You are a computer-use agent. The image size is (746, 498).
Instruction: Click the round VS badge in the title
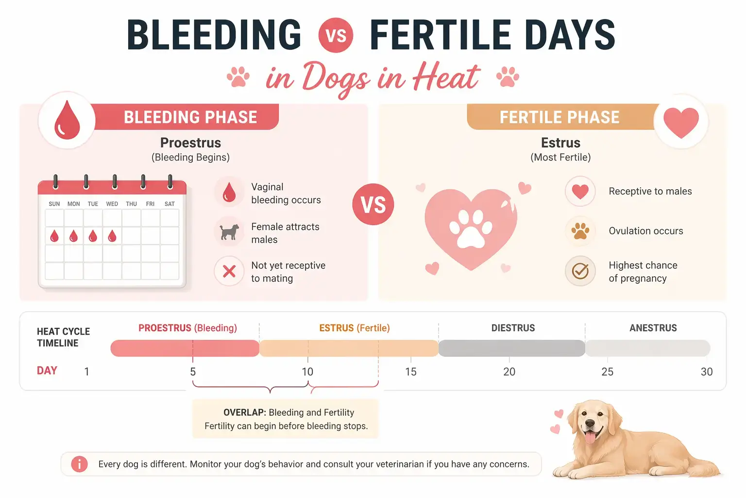point(336,35)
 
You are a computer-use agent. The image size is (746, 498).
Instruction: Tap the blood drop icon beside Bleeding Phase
point(67,120)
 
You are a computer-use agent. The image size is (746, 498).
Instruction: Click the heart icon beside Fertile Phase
point(681,122)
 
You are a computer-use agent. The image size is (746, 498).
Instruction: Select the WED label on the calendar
point(112,204)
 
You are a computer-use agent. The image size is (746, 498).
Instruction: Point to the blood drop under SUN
point(54,236)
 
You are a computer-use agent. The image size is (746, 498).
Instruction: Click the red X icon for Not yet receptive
point(229,271)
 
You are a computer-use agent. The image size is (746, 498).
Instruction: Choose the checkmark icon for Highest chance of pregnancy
point(580,271)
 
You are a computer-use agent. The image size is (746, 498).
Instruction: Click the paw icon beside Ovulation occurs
point(580,231)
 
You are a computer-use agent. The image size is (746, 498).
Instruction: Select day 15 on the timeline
point(411,372)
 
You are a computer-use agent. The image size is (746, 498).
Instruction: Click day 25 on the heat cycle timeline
point(607,372)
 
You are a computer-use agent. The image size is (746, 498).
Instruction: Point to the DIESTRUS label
point(513,328)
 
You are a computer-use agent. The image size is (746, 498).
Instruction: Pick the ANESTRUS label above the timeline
point(653,328)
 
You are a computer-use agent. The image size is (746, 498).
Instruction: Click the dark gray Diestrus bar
point(511,348)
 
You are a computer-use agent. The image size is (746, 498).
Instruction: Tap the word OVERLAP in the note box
point(244,412)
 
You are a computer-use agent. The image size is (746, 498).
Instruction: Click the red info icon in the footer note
point(79,464)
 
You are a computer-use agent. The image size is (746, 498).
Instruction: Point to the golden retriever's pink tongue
point(590,437)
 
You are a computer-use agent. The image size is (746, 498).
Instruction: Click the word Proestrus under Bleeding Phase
point(190,143)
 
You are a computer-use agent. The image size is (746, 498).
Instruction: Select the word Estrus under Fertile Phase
point(560,143)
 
